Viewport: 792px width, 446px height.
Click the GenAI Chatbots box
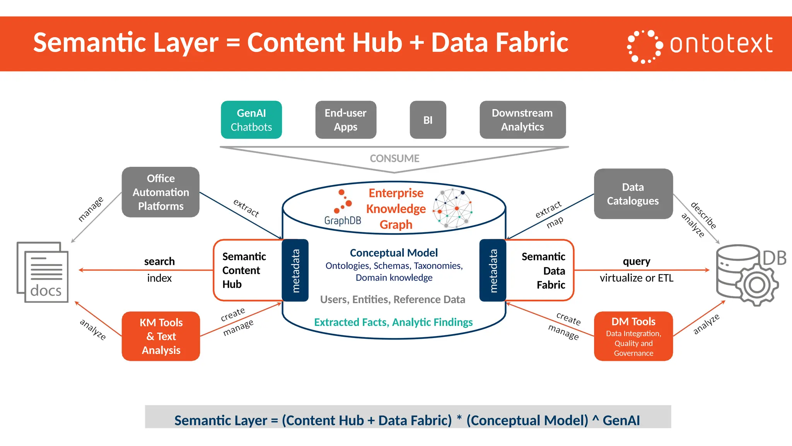coord(251,120)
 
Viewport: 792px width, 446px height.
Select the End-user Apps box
coord(346,120)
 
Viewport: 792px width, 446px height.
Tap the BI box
coord(428,120)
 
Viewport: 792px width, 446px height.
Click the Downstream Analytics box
coord(522,120)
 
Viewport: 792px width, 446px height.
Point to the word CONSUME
coord(394,158)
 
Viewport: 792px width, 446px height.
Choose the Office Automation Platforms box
coord(160,192)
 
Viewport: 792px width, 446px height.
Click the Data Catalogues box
coord(633,194)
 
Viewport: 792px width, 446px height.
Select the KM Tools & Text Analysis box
coord(161,336)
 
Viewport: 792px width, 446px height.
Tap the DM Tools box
coord(633,336)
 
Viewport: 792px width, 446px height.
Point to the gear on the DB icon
coord(757,286)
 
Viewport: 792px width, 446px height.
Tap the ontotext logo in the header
coord(700,44)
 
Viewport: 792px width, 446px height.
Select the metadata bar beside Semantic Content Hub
coord(295,270)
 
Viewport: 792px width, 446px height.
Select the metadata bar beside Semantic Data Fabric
coord(493,270)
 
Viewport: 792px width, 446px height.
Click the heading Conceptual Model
coord(394,253)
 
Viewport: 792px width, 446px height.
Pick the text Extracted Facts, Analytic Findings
coord(393,322)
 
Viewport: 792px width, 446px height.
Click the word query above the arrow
coord(636,261)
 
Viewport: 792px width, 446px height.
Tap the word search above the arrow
coord(159,261)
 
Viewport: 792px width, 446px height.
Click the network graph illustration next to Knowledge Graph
coord(452,208)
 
